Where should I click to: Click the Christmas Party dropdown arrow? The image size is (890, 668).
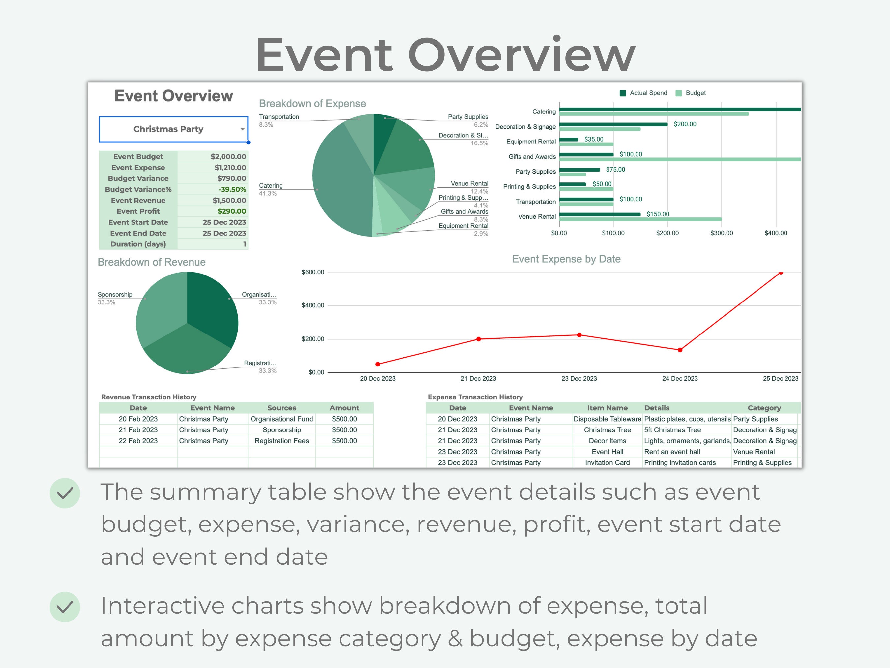[242, 129]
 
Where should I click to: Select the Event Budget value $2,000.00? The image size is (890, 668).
[228, 157]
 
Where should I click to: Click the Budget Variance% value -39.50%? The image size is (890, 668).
[232, 189]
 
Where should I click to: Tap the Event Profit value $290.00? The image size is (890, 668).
[231, 211]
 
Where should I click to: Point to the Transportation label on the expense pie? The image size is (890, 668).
[279, 117]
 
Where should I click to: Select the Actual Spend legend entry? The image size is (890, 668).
[643, 93]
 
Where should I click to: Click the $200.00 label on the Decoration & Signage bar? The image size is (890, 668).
[685, 124]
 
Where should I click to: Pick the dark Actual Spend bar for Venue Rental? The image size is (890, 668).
[600, 214]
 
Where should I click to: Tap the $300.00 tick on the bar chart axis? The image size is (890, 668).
[722, 233]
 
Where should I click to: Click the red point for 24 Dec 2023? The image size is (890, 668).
[680, 350]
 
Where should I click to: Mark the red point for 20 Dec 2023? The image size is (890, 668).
[378, 364]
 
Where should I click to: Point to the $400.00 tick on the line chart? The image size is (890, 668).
[312, 305]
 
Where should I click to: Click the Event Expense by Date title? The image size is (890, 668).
[566, 259]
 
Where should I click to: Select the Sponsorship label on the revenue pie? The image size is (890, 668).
[115, 294]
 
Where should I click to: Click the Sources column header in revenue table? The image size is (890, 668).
[282, 408]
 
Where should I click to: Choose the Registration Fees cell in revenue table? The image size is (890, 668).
[282, 441]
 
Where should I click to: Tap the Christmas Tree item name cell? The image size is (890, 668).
[607, 430]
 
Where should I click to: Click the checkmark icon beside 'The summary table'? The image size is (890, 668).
[65, 493]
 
